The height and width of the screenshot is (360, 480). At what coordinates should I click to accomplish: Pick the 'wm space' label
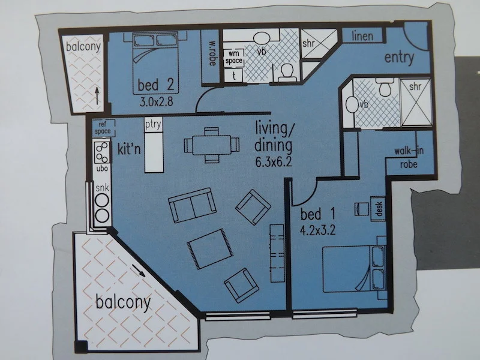tap(233, 57)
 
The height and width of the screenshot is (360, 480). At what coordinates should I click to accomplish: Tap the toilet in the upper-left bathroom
tap(286, 72)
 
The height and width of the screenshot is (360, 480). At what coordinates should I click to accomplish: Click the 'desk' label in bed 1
tap(379, 207)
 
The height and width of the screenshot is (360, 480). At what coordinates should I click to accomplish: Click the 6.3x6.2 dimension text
tap(272, 160)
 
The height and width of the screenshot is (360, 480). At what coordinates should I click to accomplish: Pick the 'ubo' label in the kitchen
tap(100, 169)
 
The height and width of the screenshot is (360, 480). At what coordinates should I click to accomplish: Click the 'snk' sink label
tap(100, 188)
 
